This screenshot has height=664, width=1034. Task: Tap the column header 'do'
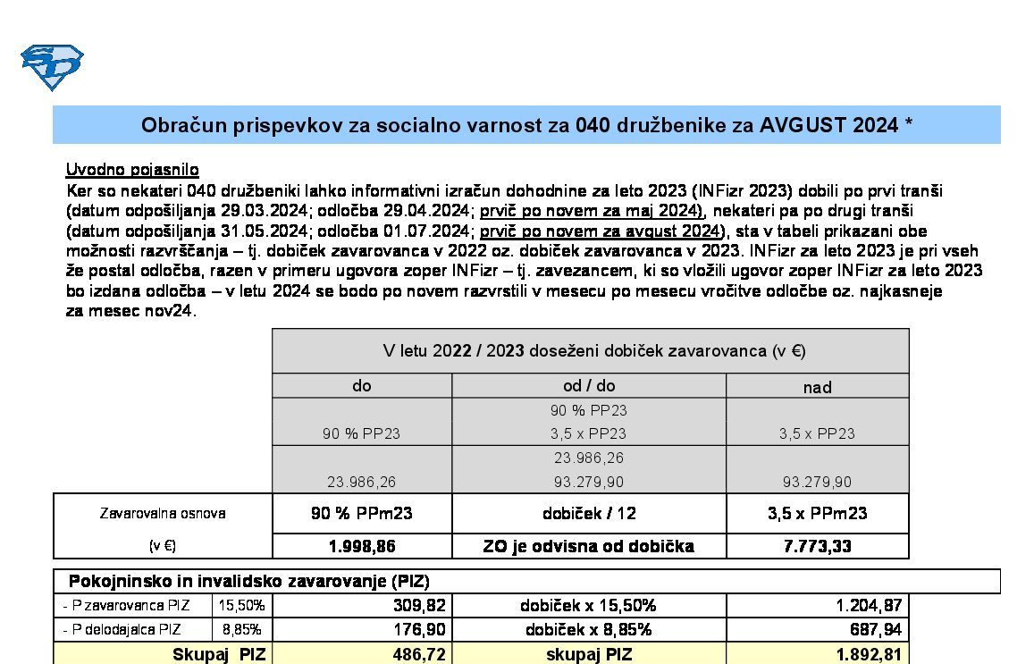click(x=362, y=386)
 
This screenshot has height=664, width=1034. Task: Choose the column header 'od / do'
click(x=589, y=386)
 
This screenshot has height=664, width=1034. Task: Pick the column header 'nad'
click(x=817, y=387)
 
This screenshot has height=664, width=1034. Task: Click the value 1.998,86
click(x=362, y=546)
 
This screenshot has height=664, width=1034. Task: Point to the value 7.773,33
click(x=817, y=546)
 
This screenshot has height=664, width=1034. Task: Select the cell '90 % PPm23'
click(x=362, y=514)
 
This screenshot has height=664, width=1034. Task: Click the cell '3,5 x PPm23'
click(x=817, y=514)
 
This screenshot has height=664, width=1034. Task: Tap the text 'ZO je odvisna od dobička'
click(x=589, y=546)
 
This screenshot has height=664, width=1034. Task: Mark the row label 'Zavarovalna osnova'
click(x=163, y=514)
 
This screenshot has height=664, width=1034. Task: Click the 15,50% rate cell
click(x=240, y=605)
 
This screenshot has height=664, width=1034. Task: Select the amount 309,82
click(x=420, y=605)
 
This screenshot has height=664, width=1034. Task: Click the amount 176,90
click(x=420, y=629)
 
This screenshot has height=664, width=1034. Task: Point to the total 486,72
click(x=420, y=654)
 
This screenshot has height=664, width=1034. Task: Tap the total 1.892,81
click(x=870, y=654)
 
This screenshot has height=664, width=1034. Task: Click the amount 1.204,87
click(x=870, y=605)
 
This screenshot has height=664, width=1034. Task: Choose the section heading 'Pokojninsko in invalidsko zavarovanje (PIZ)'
click(x=249, y=581)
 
